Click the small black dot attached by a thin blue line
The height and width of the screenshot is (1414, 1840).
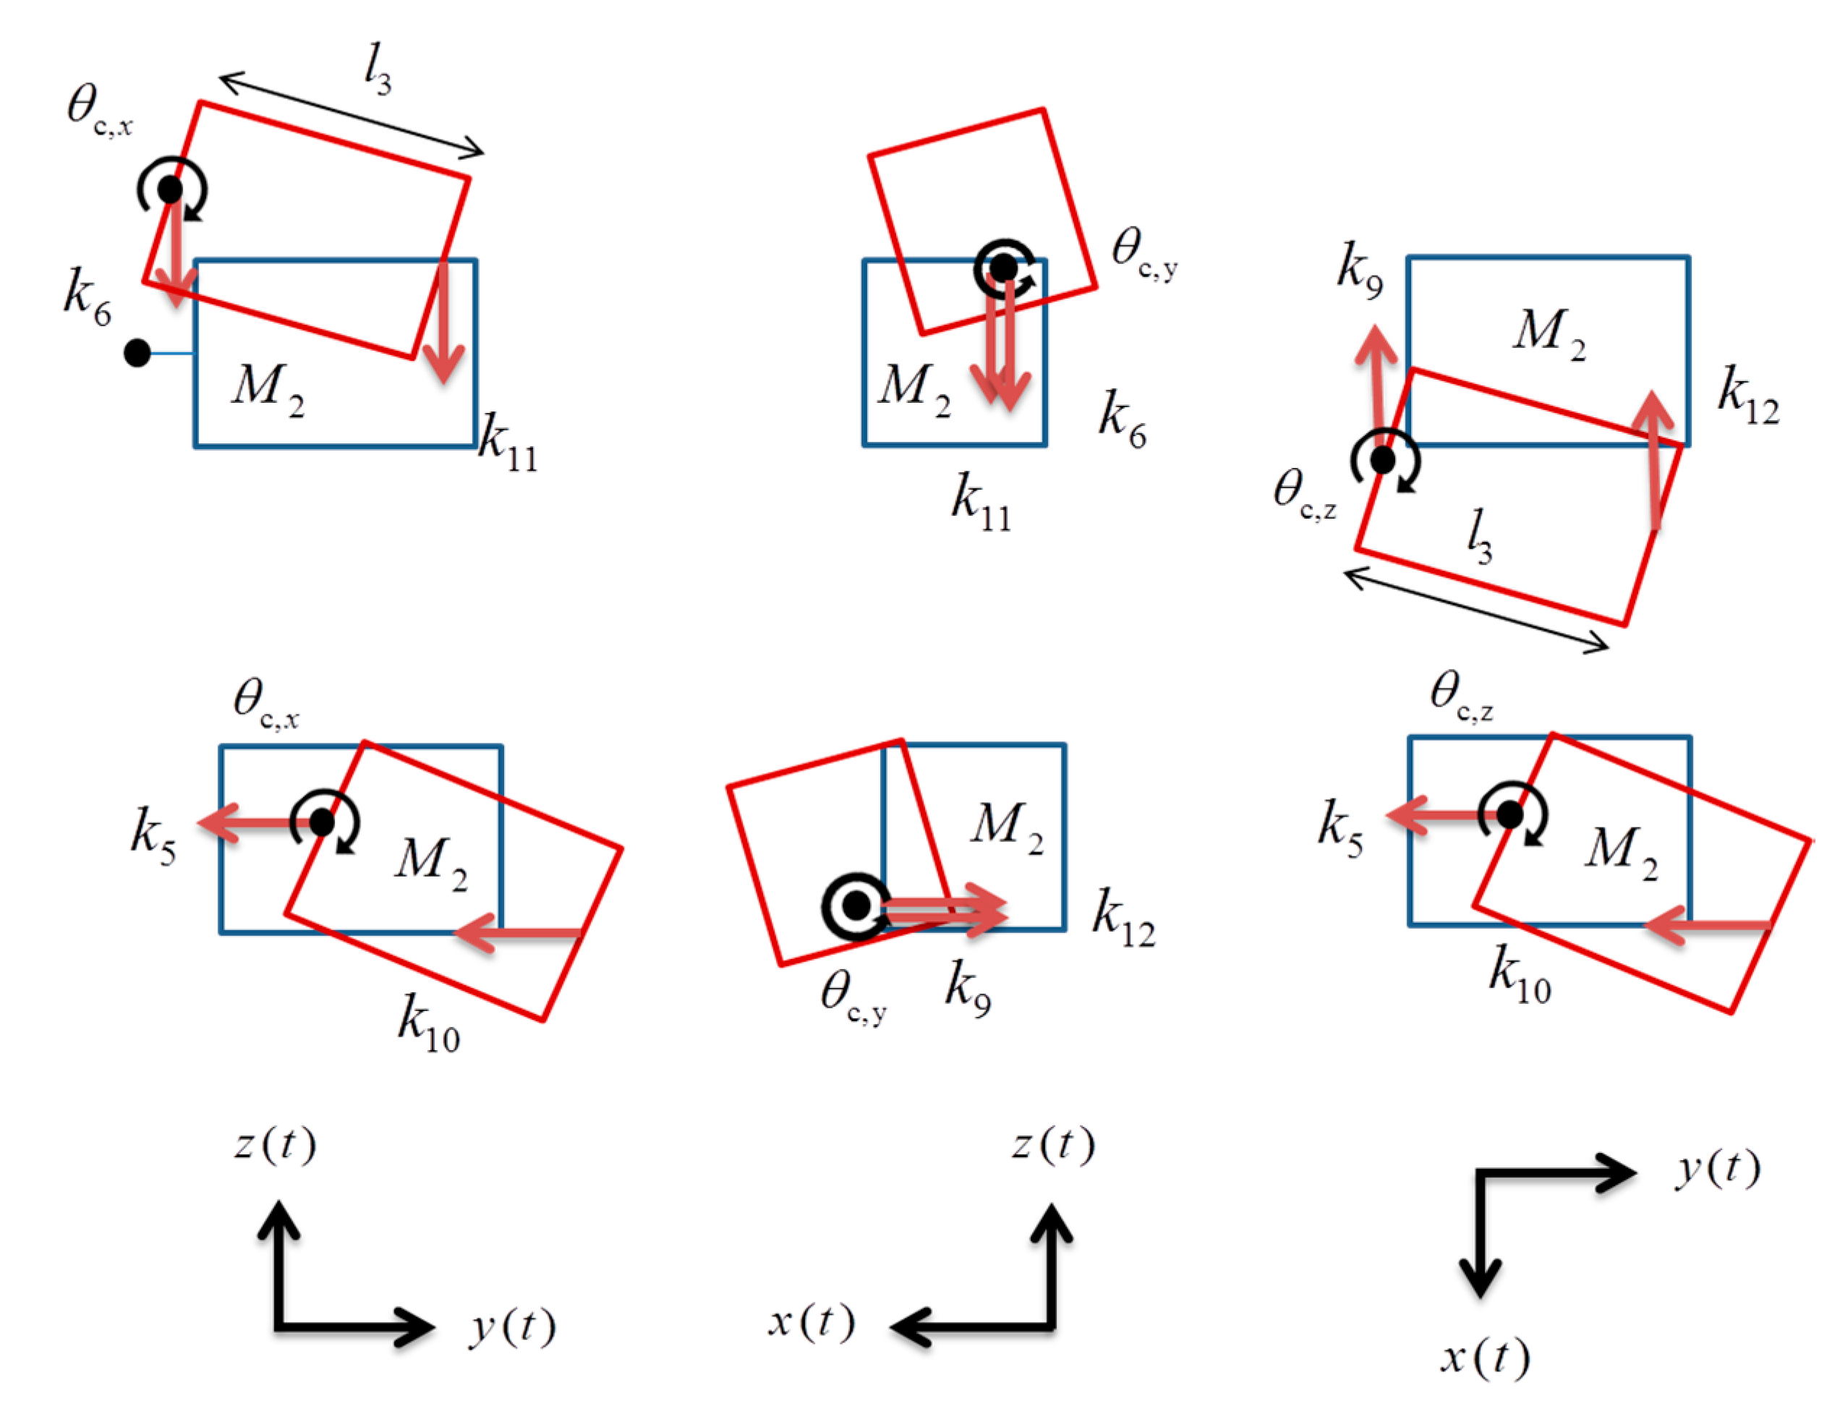pos(137,353)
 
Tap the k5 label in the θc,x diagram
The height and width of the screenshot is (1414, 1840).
pos(153,836)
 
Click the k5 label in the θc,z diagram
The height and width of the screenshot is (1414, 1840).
pos(1340,828)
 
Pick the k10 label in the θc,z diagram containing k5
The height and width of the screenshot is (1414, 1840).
pos(1520,976)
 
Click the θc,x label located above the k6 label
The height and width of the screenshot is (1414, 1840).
pos(99,109)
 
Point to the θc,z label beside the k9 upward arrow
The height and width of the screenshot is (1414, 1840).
pos(1304,494)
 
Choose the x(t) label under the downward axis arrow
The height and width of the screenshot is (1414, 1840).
pos(1485,1358)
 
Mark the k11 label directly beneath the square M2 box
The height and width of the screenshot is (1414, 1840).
pos(981,503)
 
